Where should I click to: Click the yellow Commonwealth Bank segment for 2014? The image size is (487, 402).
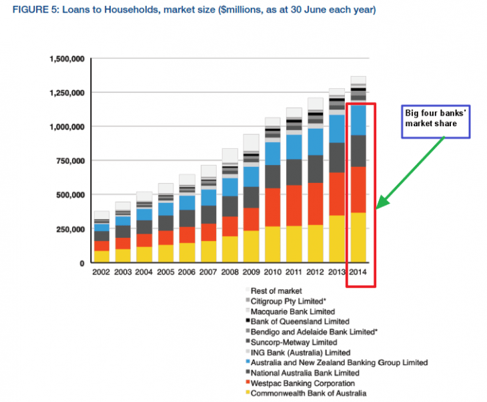click(358, 237)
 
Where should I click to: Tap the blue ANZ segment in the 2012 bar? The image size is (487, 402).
click(316, 142)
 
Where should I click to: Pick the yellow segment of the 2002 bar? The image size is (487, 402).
click(101, 256)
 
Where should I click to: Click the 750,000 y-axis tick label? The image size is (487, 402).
click(69, 161)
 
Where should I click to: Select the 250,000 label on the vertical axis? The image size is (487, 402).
click(69, 229)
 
